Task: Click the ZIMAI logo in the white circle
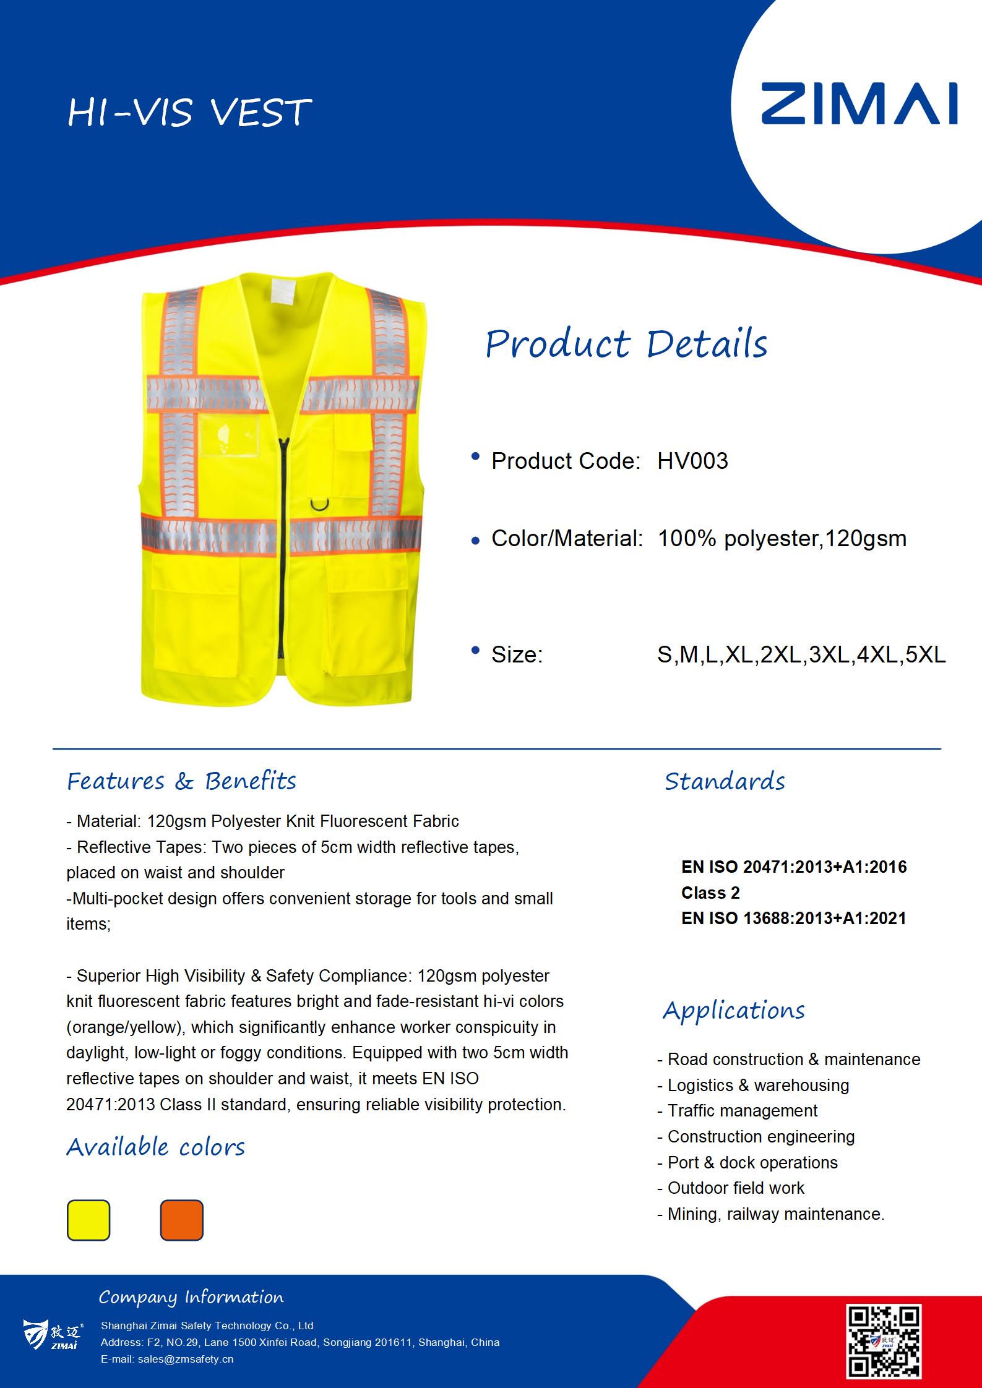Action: coord(858,104)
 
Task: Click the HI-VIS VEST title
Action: coord(189,113)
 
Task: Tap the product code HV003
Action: coord(692,461)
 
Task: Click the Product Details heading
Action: coord(626,344)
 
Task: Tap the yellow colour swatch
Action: coord(88,1220)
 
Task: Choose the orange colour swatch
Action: coord(181,1220)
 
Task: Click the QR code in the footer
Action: coord(884,1341)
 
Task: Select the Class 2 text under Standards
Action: coord(710,893)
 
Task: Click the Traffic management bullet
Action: coord(742,1110)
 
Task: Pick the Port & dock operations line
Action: coord(752,1162)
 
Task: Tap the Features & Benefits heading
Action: coord(181,781)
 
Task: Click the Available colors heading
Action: coord(156,1147)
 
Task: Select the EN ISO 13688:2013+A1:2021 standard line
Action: coord(793,918)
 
